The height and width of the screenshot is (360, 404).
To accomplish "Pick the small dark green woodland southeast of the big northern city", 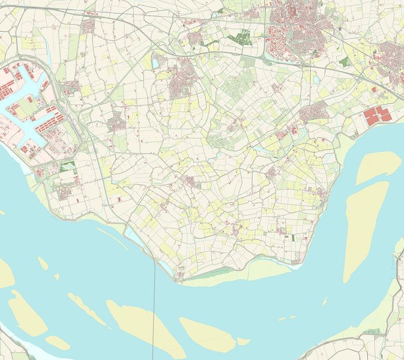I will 343,61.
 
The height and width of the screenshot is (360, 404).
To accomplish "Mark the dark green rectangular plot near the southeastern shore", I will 293,238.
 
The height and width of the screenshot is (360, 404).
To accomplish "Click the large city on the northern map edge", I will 297,27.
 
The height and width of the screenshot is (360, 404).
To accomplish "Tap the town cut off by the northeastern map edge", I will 390,60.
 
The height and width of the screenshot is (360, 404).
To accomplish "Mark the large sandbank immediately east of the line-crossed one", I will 207,333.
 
